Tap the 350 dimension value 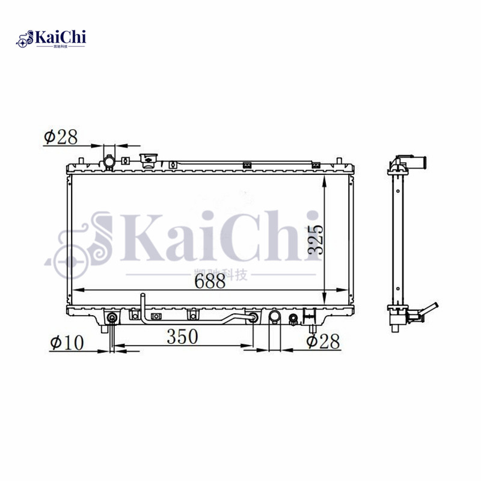click(182, 337)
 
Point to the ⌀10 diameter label click(67, 343)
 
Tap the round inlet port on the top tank click(109, 162)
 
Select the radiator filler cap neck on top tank click(148, 160)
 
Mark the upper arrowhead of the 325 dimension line click(325, 180)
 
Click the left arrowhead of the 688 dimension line click(73, 290)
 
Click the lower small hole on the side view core click(396, 295)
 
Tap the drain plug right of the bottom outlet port click(293, 319)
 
